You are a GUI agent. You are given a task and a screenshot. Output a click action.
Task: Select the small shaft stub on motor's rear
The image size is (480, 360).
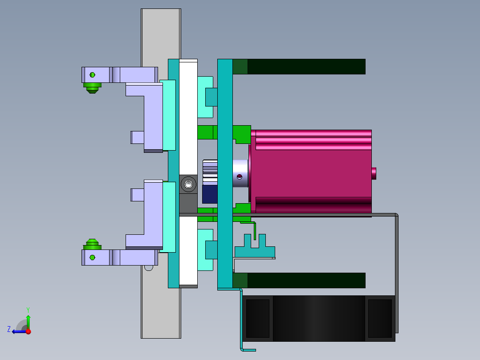pos(374,173)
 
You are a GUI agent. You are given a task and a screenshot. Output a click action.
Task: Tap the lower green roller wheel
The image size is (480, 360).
pos(92,245)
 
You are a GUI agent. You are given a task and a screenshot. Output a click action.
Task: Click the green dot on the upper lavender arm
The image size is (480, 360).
pos(93,74)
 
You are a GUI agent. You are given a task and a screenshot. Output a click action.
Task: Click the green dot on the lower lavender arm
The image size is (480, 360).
pos(93,258)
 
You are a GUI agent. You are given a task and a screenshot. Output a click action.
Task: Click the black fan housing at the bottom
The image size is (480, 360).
pos(318,319)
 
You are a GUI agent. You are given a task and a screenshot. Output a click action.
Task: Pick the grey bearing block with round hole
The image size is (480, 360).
pos(188,184)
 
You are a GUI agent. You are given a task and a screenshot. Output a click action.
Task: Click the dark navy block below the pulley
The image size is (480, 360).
pos(209,194)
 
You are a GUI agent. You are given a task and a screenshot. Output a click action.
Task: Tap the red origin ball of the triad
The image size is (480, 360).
pos(28,331)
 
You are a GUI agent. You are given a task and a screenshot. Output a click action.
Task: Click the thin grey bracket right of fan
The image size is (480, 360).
pos(396,276)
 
